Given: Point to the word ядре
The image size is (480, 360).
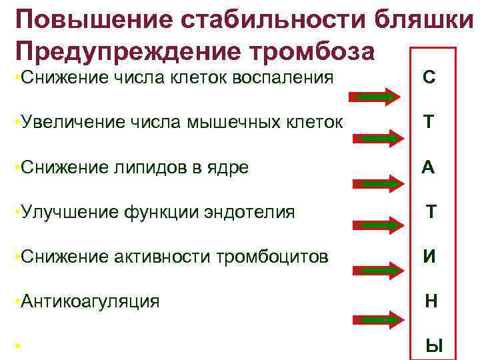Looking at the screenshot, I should (229, 167).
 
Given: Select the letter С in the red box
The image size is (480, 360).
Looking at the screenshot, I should (429, 77).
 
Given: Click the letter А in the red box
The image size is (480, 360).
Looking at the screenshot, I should (428, 167).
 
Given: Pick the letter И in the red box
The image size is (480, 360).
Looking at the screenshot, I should (430, 257).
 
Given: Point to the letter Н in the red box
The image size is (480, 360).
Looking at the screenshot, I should (431, 301).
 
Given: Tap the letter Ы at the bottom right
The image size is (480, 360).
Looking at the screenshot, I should (434, 345).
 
